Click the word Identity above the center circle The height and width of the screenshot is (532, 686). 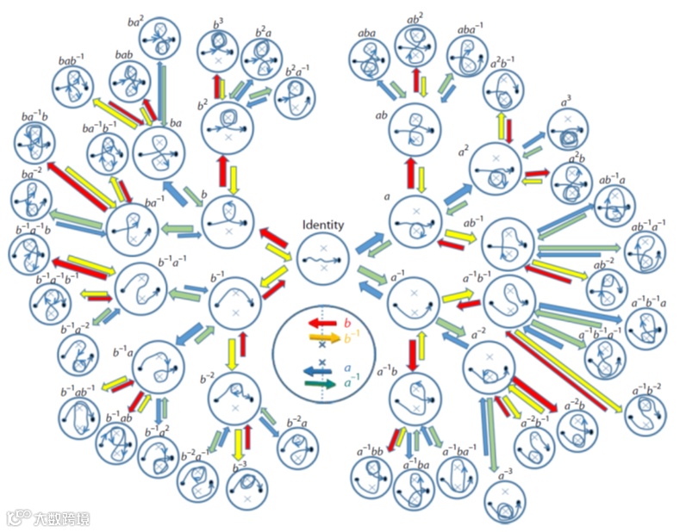click(x=323, y=226)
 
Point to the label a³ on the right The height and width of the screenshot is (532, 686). click(x=566, y=101)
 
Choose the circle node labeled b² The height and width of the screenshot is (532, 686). click(x=228, y=126)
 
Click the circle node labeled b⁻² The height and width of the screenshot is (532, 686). click(x=234, y=397)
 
